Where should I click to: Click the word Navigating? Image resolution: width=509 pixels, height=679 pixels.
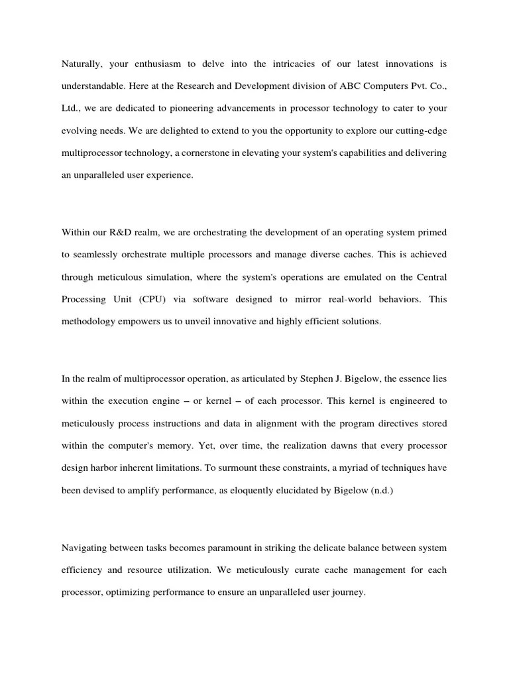click(x=86, y=548)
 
